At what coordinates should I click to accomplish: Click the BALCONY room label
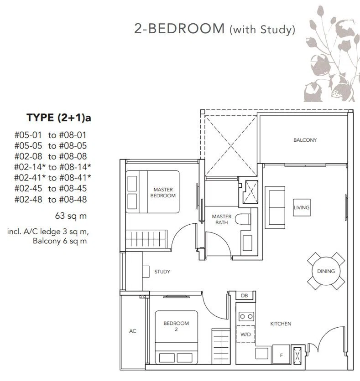(x=305, y=140)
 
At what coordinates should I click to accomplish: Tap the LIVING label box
(x=302, y=207)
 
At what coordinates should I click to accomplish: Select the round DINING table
(x=326, y=271)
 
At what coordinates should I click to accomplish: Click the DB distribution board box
(x=245, y=295)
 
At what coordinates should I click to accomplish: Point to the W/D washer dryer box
(x=245, y=335)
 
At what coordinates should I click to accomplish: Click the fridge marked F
(x=281, y=355)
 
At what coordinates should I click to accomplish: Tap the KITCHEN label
(x=281, y=324)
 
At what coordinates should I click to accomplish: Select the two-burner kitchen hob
(x=246, y=317)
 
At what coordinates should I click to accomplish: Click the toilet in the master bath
(x=243, y=219)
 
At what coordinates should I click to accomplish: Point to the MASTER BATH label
(x=222, y=219)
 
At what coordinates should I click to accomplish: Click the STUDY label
(x=162, y=272)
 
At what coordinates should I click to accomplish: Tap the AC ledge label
(x=133, y=331)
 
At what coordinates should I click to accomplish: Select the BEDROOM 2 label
(x=176, y=326)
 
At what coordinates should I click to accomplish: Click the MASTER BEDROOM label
(x=163, y=192)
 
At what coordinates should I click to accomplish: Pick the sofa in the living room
(x=275, y=207)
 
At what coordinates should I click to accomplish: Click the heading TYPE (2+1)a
(x=59, y=118)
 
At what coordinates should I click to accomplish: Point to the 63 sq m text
(x=71, y=216)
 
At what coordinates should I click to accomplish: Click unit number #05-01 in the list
(x=28, y=135)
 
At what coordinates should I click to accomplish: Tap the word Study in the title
(x=276, y=30)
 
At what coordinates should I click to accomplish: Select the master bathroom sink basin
(x=247, y=243)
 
